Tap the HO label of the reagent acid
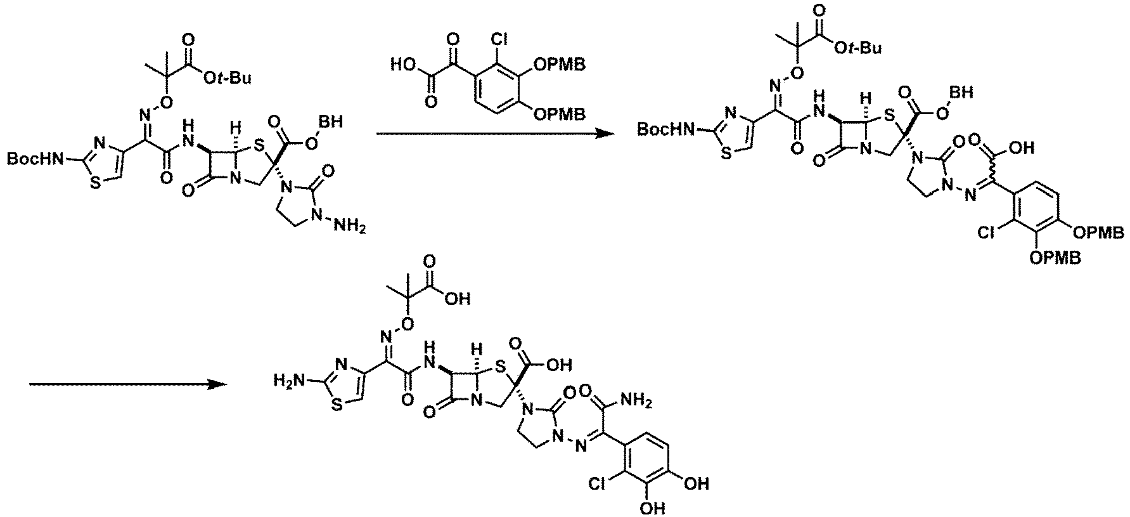click(x=404, y=64)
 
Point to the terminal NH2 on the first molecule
click(x=347, y=226)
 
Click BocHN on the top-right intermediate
click(x=664, y=130)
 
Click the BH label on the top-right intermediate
click(x=963, y=93)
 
